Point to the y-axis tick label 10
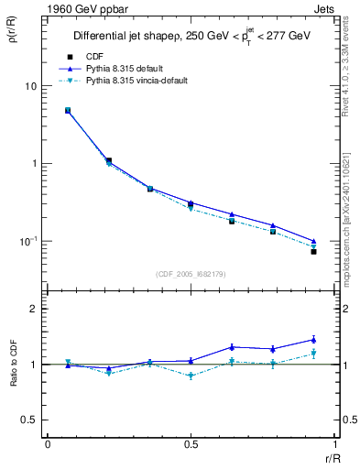click(30, 86)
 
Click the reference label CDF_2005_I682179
click(191, 272)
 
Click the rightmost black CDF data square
click(313, 251)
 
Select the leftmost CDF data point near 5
click(68, 110)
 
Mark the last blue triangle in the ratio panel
click(313, 340)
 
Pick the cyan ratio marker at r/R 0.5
click(191, 376)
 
